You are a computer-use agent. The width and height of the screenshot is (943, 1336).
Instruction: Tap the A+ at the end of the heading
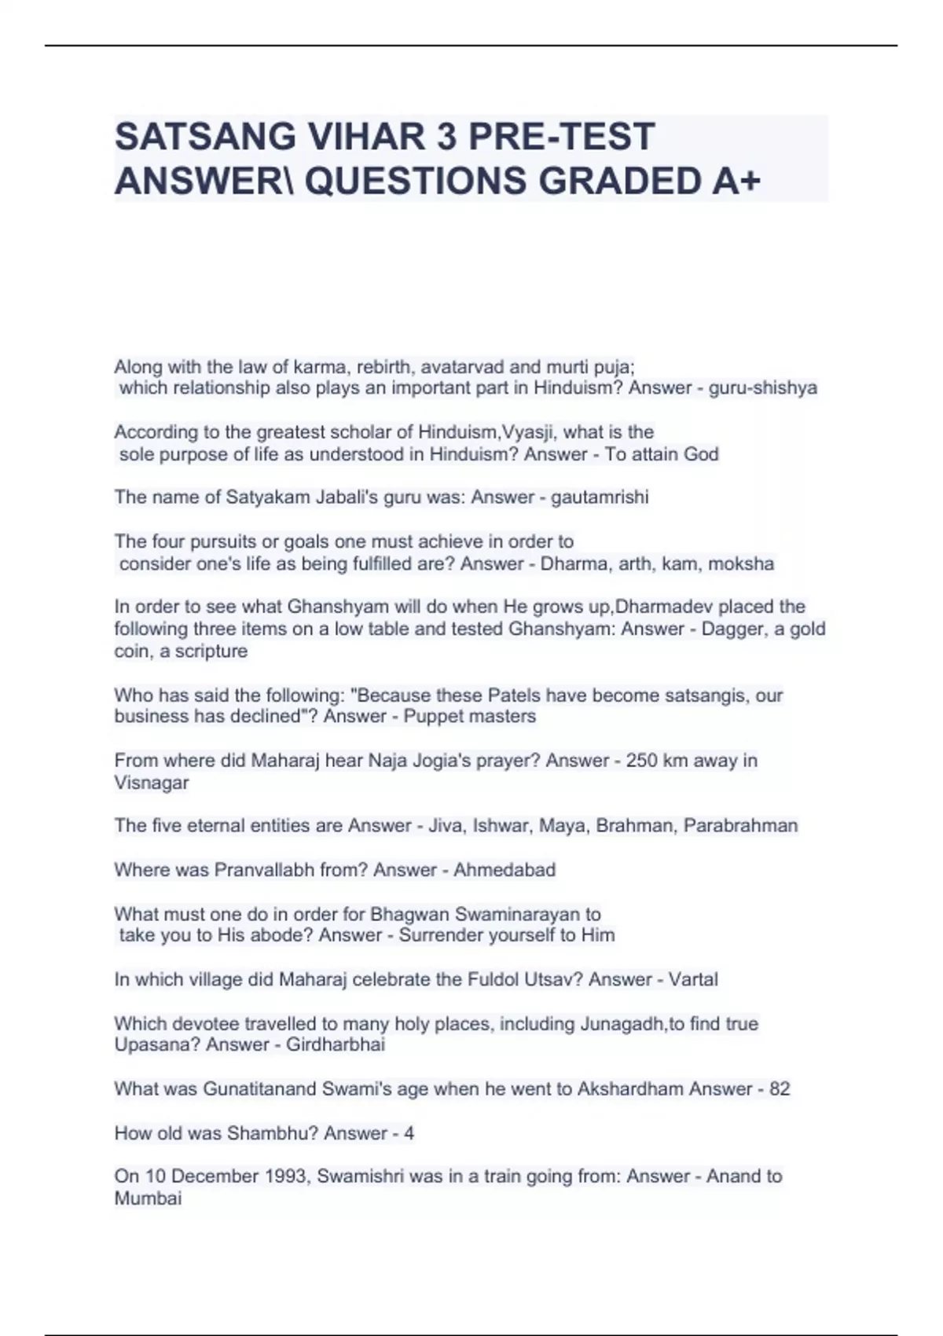point(738,182)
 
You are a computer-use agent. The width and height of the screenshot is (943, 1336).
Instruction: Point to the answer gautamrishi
point(600,497)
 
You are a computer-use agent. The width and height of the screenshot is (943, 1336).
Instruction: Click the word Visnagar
point(152,783)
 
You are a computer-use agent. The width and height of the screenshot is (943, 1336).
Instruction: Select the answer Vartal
point(693,980)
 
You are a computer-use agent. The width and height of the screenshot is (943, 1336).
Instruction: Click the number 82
point(780,1089)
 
